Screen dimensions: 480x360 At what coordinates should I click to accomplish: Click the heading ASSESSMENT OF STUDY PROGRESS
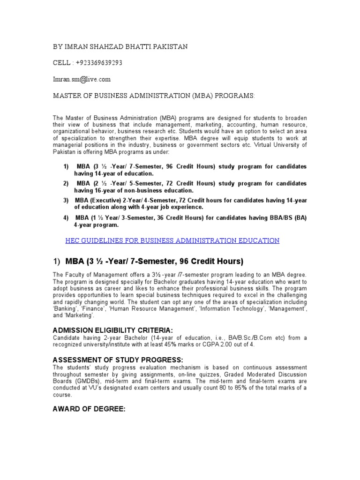(x=111, y=360)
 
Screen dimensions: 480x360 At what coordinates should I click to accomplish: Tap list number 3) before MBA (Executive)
(x=66, y=200)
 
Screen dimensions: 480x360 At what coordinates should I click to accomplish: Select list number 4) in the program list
(x=66, y=218)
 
